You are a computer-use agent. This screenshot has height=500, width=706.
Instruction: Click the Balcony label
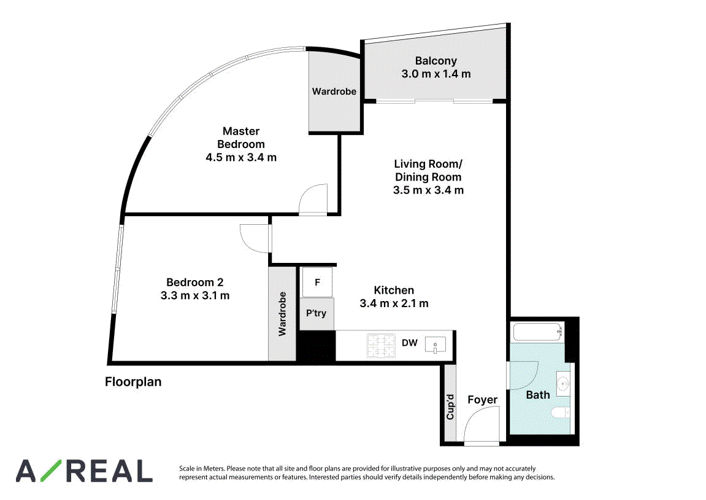pyautogui.click(x=435, y=61)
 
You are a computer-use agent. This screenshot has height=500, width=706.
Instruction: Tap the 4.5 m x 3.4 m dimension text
pyautogui.click(x=241, y=157)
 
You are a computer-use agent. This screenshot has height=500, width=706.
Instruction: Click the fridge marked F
pyautogui.click(x=317, y=282)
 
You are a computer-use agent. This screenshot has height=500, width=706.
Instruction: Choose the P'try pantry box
pyautogui.click(x=317, y=313)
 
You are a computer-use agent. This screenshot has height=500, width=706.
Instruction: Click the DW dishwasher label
pyautogui.click(x=410, y=343)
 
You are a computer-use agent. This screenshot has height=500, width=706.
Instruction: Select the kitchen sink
pyautogui.click(x=435, y=345)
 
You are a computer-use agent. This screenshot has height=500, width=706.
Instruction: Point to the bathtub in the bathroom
pyautogui.click(x=537, y=332)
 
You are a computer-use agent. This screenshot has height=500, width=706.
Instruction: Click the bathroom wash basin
pyautogui.click(x=562, y=384)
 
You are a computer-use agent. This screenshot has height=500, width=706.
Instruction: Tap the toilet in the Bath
pyautogui.click(x=561, y=413)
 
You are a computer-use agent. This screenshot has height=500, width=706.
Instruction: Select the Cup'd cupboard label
pyautogui.click(x=450, y=407)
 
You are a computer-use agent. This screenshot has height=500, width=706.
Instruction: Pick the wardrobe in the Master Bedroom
pyautogui.click(x=334, y=92)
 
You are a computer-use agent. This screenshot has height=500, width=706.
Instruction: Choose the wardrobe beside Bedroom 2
pyautogui.click(x=282, y=314)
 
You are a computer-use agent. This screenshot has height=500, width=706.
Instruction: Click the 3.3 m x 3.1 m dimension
pyautogui.click(x=195, y=296)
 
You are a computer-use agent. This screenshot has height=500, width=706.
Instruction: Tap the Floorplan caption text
pyautogui.click(x=133, y=382)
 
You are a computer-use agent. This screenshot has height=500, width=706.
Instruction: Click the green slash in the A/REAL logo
pyautogui.click(x=53, y=471)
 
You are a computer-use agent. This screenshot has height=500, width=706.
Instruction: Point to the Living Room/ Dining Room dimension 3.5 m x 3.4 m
pyautogui.click(x=428, y=190)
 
